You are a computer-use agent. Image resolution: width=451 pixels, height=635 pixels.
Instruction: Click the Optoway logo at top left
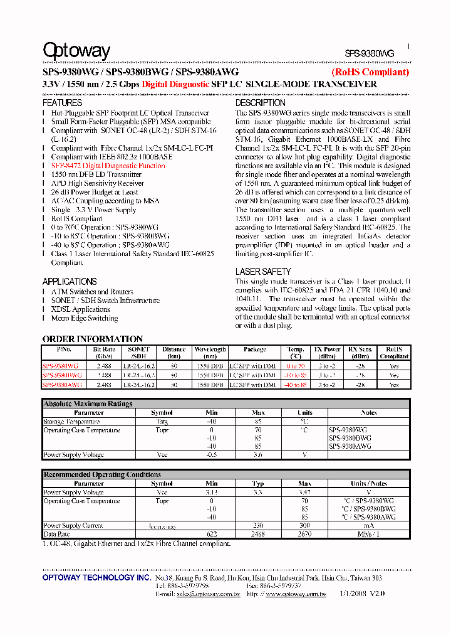point(76,51)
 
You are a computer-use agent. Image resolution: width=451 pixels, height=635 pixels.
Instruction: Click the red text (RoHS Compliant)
point(370,72)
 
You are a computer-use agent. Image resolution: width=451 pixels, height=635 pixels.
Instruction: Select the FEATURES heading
point(62,103)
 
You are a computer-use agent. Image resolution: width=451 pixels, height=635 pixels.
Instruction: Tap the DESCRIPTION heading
point(260,103)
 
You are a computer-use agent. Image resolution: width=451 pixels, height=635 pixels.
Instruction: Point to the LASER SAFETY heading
point(263,272)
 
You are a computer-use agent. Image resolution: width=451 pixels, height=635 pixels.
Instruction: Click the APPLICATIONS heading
point(70,282)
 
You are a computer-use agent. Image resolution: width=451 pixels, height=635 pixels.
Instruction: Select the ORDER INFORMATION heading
point(93,339)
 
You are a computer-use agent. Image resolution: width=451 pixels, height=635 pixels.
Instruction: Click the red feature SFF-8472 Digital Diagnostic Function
point(108,166)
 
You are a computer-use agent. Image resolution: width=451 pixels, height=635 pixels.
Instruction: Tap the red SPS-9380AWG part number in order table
point(61,385)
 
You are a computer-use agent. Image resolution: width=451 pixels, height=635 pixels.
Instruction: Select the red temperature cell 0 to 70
point(296,365)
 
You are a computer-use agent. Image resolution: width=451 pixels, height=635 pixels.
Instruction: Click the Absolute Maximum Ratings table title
point(88,404)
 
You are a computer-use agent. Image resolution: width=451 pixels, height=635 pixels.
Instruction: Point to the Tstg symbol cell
point(162,422)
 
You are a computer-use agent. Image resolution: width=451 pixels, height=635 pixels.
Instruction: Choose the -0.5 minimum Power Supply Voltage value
point(212,455)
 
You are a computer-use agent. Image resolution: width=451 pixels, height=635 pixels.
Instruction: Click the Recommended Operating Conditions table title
point(102,475)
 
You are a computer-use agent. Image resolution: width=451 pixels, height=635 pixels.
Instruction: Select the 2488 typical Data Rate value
point(257,534)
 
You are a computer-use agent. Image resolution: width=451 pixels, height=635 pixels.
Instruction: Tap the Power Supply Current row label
point(73,526)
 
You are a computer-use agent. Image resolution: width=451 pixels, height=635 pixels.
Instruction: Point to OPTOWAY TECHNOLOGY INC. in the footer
point(96,577)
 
